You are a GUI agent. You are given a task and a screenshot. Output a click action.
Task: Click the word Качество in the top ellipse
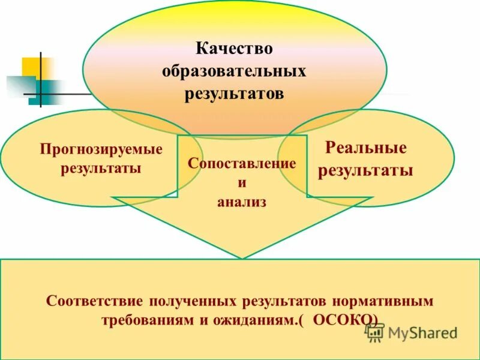pyautogui.click(x=234, y=48)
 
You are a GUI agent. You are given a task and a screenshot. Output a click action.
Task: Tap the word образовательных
pyautogui.click(x=234, y=71)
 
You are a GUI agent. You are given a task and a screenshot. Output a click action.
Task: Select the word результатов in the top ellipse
pyautogui.click(x=234, y=94)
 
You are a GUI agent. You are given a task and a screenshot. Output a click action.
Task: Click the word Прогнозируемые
pyautogui.click(x=101, y=149)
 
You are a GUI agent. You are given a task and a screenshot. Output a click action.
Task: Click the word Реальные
pyautogui.click(x=365, y=148)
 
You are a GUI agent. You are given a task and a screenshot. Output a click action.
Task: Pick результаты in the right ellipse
pyautogui.click(x=365, y=170)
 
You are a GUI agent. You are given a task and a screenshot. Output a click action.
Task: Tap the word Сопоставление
pyautogui.click(x=242, y=163)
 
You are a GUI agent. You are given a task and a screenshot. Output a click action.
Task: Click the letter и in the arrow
pyautogui.click(x=242, y=182)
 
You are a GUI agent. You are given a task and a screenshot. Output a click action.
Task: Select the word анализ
pyautogui.click(x=242, y=202)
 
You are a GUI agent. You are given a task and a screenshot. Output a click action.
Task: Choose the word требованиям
pyautogui.click(x=146, y=319)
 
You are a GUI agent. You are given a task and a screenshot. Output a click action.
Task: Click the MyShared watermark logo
pyautogui.click(x=412, y=332)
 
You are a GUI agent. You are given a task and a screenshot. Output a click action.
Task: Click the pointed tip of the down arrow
pyautogui.click(x=242, y=257)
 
